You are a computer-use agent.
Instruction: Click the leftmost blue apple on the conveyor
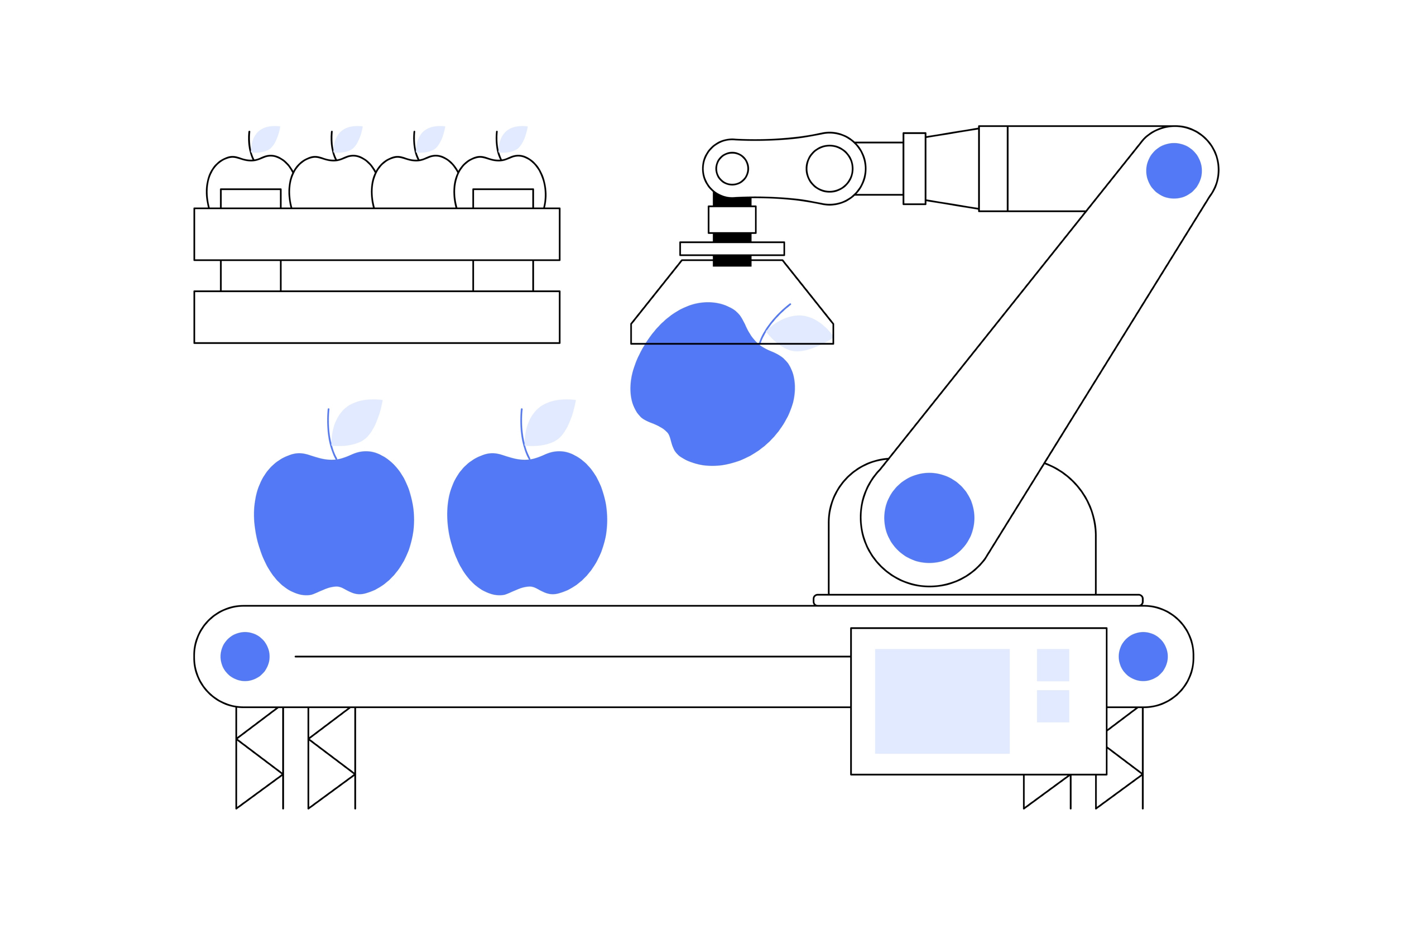pyautogui.click(x=333, y=525)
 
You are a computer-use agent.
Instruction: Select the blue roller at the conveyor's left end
pyautogui.click(x=245, y=656)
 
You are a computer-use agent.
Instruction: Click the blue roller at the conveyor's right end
pyautogui.click(x=1143, y=656)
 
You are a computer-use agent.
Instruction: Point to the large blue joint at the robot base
pyautogui.click(x=929, y=518)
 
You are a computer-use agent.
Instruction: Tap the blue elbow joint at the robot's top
pyautogui.click(x=1173, y=171)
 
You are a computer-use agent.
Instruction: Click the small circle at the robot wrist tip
pyautogui.click(x=732, y=169)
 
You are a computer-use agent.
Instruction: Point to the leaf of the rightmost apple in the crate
pyautogui.click(x=513, y=139)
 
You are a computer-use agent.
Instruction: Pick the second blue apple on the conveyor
pyautogui.click(x=527, y=525)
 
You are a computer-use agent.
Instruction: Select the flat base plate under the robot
pyautogui.click(x=978, y=600)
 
